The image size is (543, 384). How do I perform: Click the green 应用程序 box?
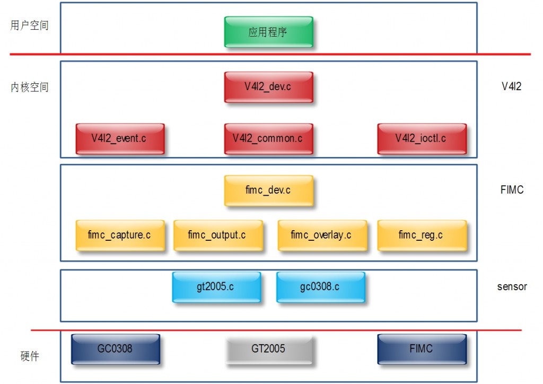pyautogui.click(x=268, y=32)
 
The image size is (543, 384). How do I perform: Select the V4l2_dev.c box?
pyautogui.click(x=268, y=87)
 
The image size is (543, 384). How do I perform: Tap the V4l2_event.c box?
pyautogui.click(x=120, y=139)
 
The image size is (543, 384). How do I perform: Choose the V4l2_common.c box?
pyautogui.click(x=268, y=139)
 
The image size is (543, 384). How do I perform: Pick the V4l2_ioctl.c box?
pyautogui.click(x=422, y=139)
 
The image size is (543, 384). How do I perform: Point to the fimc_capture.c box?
pyautogui.click(x=120, y=235)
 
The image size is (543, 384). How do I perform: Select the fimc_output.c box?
pyautogui.click(x=217, y=235)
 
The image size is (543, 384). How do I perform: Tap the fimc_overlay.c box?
pyautogui.click(x=322, y=235)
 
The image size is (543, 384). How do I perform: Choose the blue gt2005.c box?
pyautogui.click(x=216, y=287)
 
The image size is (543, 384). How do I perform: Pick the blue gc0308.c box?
pyautogui.click(x=320, y=287)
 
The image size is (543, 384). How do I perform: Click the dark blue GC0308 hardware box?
pyautogui.click(x=116, y=349)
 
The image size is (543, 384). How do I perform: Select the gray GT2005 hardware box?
pyautogui.click(x=268, y=349)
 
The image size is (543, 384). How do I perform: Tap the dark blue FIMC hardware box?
pyautogui.click(x=422, y=349)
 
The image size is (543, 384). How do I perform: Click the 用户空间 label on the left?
pyautogui.click(x=30, y=25)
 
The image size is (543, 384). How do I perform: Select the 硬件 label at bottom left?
pyautogui.click(x=30, y=356)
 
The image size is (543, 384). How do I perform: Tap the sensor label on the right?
pyautogui.click(x=512, y=287)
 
